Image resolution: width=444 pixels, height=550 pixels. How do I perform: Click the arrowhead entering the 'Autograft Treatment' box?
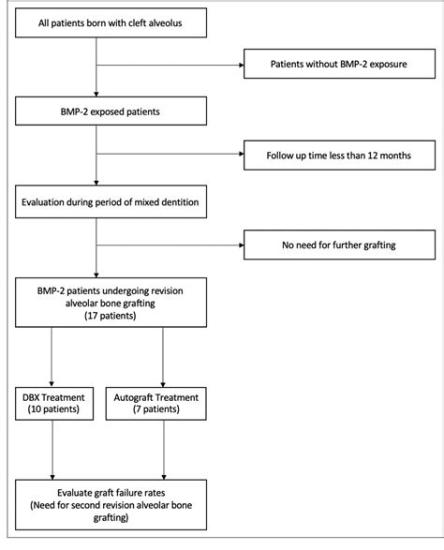(165, 379)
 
